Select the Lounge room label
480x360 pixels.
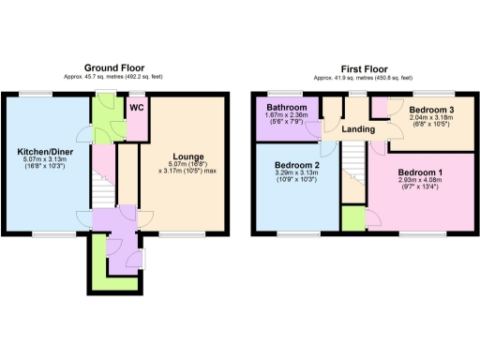(x=187, y=156)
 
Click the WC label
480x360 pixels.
(x=136, y=108)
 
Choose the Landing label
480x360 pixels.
(x=358, y=129)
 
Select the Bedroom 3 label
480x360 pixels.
(x=433, y=111)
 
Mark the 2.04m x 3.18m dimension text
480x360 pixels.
(x=433, y=119)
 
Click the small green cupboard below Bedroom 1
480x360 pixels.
(x=352, y=218)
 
